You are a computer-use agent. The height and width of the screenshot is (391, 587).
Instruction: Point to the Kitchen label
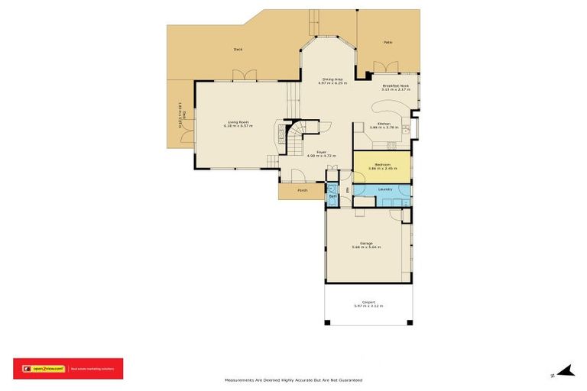(383, 124)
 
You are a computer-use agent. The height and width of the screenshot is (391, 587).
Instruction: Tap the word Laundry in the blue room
(384, 189)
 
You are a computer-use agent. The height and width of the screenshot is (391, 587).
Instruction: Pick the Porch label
(302, 190)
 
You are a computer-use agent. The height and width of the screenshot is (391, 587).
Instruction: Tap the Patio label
(388, 43)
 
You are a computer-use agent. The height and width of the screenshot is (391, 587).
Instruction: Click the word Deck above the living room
(238, 50)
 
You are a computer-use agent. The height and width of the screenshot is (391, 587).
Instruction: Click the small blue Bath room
(332, 195)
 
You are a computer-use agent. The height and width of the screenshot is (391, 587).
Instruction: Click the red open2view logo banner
(67, 368)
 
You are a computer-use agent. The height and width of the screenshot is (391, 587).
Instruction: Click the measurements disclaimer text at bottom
(293, 380)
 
